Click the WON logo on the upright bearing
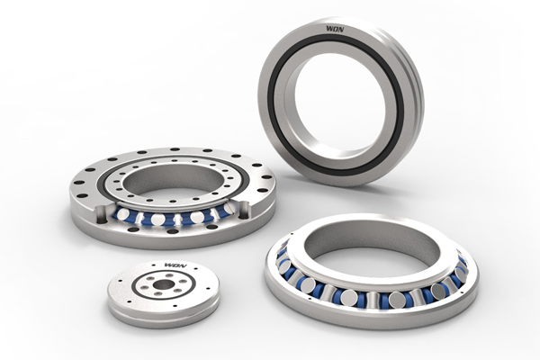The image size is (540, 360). point(335,29)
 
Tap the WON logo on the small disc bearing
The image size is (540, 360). point(175,265)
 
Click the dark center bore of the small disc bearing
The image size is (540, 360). point(164,284)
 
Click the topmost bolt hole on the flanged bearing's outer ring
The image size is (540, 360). point(175,149)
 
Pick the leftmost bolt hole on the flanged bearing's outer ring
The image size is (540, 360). point(79,183)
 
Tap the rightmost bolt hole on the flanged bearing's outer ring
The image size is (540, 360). point(266,177)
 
